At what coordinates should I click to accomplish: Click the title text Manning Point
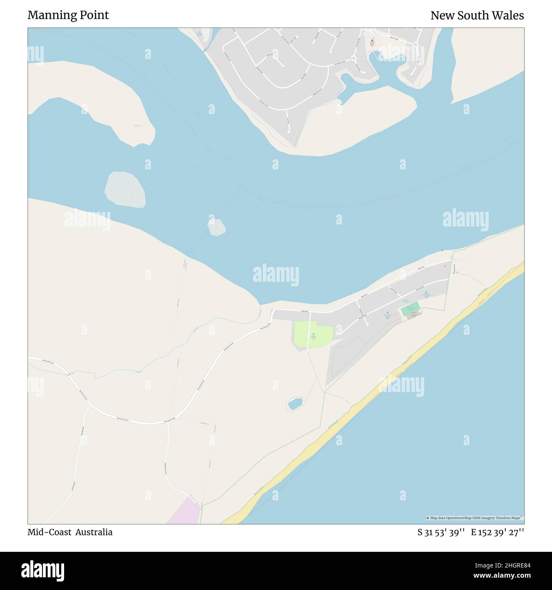tap(68, 15)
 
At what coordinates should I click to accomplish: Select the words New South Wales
tap(477, 15)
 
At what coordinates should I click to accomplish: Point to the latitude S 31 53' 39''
tap(442, 532)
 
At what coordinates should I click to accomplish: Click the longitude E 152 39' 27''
tap(497, 532)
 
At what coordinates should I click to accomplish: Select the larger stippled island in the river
tap(125, 189)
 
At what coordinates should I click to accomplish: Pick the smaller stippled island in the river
tap(217, 227)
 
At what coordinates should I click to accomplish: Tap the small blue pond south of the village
tap(295, 403)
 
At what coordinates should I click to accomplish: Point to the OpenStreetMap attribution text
tap(475, 518)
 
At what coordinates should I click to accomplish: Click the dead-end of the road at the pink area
tap(195, 502)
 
